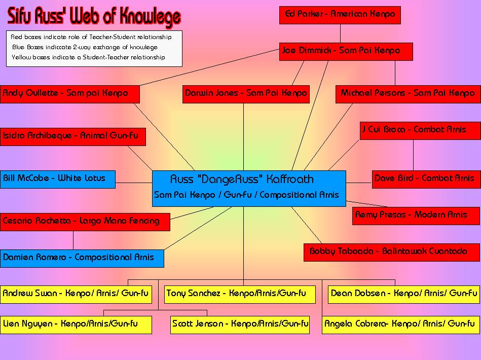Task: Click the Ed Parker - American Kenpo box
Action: click(340, 15)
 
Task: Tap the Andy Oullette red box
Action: click(70, 94)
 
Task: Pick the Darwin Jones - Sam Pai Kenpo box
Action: click(246, 94)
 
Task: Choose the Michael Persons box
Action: click(408, 94)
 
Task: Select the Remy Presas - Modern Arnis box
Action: click(417, 215)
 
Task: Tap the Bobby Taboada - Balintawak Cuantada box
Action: click(392, 252)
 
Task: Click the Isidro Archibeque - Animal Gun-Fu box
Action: click(72, 136)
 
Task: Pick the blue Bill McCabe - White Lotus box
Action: click(57, 179)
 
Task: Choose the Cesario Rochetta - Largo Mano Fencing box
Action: click(85, 222)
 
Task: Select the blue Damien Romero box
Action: click(82, 258)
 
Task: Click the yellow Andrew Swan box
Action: click(76, 294)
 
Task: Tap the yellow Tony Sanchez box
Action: click(240, 294)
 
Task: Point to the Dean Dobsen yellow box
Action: click(403, 294)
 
